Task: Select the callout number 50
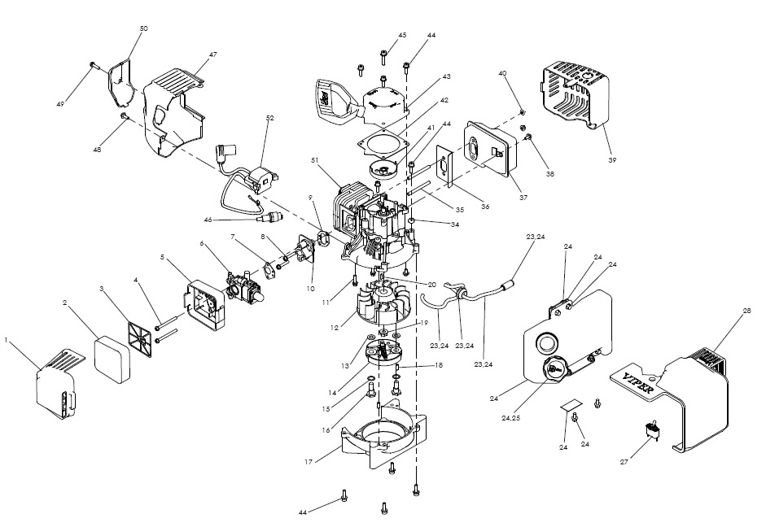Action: coord(143,28)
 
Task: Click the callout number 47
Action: coord(212,54)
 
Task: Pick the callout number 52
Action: coord(269,118)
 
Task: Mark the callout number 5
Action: coord(163,258)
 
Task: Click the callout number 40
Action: coord(502,74)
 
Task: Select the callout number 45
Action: coord(402,36)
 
